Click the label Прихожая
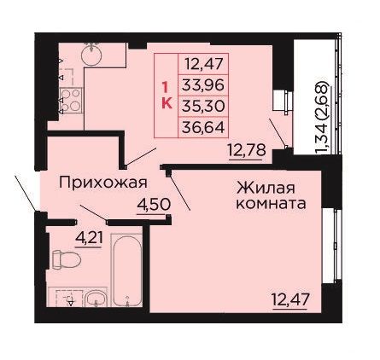click(103, 183)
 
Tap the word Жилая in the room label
click(266, 189)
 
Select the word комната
click(272, 204)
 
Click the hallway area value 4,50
click(154, 205)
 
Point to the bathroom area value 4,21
click(89, 238)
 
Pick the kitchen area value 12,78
click(247, 151)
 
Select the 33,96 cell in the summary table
click(203, 85)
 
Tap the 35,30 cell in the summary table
click(203, 106)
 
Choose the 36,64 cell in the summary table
click(203, 127)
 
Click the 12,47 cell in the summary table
click(203, 64)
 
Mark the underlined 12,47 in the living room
click(289, 300)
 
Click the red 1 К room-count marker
click(167, 96)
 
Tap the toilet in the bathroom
click(67, 259)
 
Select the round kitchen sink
click(91, 55)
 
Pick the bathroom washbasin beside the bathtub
click(96, 299)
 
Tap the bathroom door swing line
click(93, 212)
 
